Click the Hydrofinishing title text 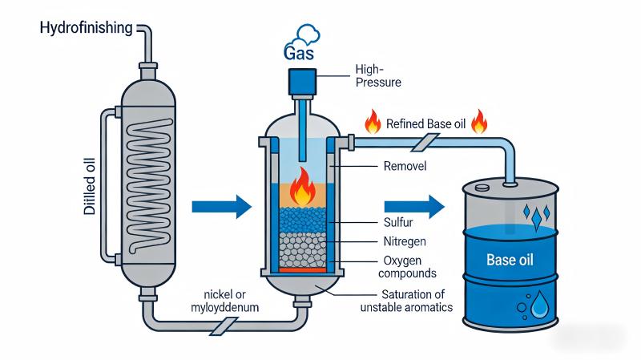point(87,29)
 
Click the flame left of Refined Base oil point(372,123)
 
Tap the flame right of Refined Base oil point(480,123)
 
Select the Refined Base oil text point(425,124)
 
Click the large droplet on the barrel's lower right point(542,305)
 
